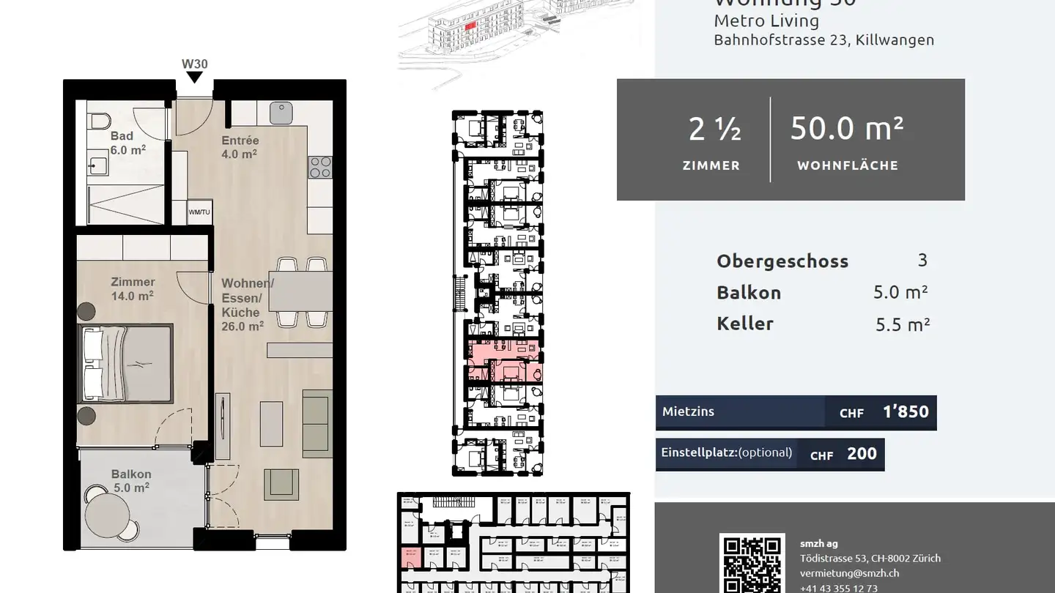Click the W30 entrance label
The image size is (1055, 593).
[195, 64]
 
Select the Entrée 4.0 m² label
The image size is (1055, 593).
[240, 147]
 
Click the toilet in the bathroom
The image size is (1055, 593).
[100, 119]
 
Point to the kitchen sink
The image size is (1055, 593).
[281, 113]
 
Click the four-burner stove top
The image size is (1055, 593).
[320, 167]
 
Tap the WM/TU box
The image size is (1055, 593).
[199, 212]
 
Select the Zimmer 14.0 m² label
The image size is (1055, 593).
[133, 288]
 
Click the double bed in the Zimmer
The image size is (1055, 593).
[126, 364]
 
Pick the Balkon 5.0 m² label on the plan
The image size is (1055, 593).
[131, 480]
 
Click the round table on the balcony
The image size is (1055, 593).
[108, 511]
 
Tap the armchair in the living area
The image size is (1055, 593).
[281, 484]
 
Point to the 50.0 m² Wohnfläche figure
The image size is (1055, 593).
[846, 129]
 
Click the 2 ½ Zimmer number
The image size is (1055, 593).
[714, 130]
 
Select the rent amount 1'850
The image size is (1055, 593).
[906, 412]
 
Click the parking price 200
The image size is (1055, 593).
[862, 454]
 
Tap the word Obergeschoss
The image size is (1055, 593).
[782, 261]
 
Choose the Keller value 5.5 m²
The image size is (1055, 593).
[902, 324]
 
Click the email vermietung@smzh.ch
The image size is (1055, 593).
[849, 573]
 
